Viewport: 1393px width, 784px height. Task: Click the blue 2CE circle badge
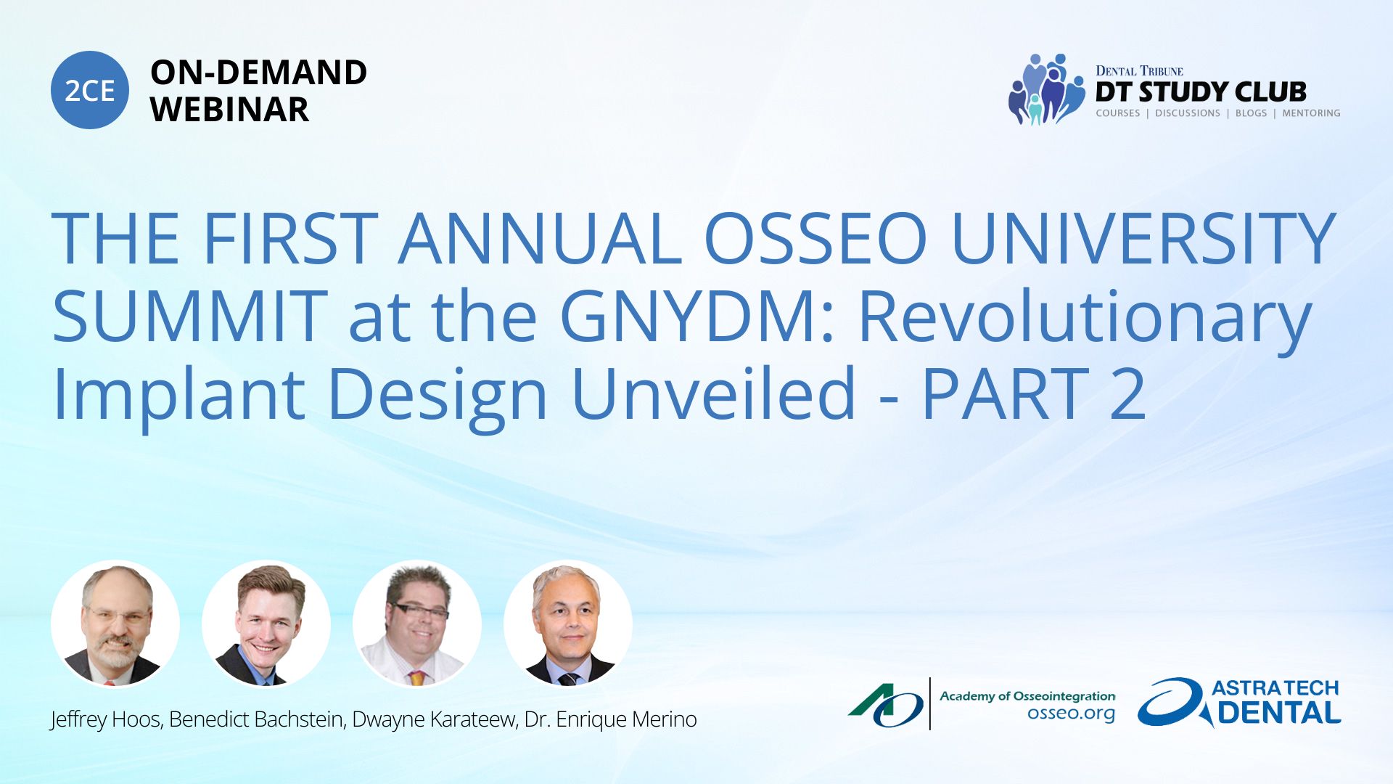point(90,90)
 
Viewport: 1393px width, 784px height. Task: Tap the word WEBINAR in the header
point(229,110)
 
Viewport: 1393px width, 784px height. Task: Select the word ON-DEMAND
point(258,73)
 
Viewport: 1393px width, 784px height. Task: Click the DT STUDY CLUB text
point(1201,92)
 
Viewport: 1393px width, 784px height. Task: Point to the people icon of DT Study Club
point(1045,89)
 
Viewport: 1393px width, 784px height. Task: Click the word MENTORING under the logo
point(1311,113)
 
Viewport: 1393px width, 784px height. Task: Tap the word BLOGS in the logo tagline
point(1251,113)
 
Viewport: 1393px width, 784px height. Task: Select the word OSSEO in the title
point(815,239)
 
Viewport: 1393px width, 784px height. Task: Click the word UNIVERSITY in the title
point(1143,239)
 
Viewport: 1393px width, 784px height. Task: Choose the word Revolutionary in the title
point(1085,319)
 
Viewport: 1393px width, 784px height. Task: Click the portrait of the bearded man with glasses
point(115,624)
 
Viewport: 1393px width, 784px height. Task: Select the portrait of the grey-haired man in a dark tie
point(568,624)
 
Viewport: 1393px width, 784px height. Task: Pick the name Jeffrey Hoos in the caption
point(105,719)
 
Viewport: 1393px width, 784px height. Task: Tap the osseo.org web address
point(1071,713)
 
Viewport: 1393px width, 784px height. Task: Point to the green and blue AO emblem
point(886,705)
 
